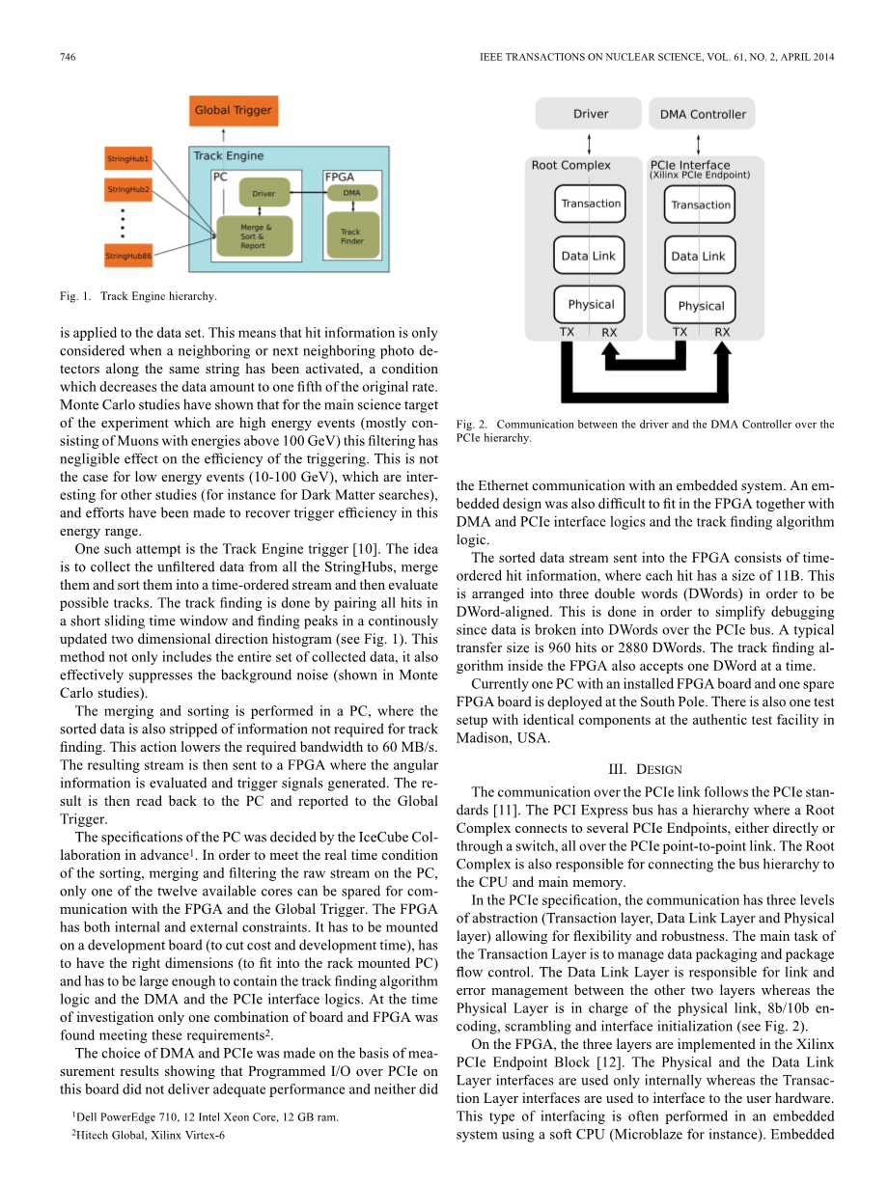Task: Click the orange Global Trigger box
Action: click(x=233, y=110)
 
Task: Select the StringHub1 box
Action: click(x=128, y=157)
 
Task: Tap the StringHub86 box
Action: click(x=128, y=255)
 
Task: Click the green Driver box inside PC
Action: click(x=264, y=193)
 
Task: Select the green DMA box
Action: click(x=351, y=193)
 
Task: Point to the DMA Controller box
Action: click(x=703, y=114)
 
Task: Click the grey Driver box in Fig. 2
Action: click(x=590, y=114)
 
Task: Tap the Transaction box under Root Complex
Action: click(x=591, y=204)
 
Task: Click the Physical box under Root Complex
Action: click(x=591, y=304)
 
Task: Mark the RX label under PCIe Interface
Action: click(x=722, y=332)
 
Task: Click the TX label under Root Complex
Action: click(x=567, y=332)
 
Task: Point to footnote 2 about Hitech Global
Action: click(x=149, y=1136)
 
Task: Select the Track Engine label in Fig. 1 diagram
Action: click(x=229, y=154)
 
